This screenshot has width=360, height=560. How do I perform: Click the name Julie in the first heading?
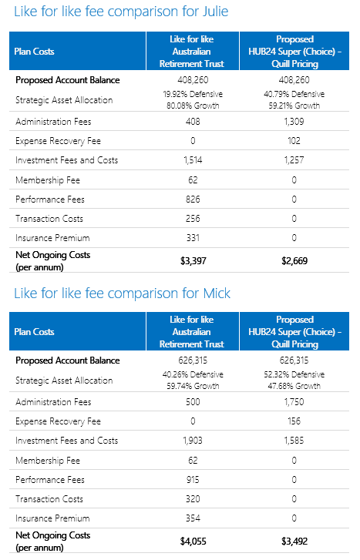215,12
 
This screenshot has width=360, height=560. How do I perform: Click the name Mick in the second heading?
217,293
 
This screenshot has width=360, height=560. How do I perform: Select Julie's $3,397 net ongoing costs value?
193,260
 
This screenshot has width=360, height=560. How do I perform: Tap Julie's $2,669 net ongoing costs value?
294,260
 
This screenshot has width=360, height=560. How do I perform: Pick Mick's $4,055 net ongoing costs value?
193,541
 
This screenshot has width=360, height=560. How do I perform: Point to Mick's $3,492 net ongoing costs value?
294,541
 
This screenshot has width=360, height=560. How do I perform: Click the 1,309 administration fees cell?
294,122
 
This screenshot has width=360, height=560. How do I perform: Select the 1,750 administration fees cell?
294,402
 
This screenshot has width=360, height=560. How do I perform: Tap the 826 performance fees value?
193,199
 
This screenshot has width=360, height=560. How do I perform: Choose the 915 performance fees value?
193,479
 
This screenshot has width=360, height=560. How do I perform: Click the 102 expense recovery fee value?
294,141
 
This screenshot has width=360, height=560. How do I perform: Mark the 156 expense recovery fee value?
294,421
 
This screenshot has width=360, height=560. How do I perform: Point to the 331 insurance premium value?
193,237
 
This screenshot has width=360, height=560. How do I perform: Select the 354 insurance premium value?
193,518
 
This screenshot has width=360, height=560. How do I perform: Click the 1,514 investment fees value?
193,160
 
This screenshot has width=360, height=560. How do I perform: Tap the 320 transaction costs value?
193,498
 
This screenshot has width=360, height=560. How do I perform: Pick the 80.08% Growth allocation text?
193,106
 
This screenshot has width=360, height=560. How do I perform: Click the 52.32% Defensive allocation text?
294,374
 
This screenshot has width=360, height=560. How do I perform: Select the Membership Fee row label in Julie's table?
48,180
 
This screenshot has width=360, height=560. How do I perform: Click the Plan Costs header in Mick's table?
34,332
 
